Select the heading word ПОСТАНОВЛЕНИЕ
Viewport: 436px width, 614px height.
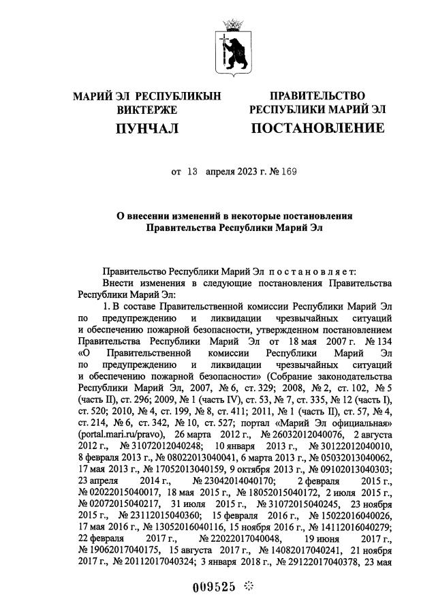(317, 128)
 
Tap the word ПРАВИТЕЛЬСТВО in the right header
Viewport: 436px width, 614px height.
(317, 95)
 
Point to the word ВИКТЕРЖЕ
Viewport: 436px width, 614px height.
(147, 110)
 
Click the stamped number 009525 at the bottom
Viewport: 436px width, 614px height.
(208, 586)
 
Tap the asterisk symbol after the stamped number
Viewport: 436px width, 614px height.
(248, 586)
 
